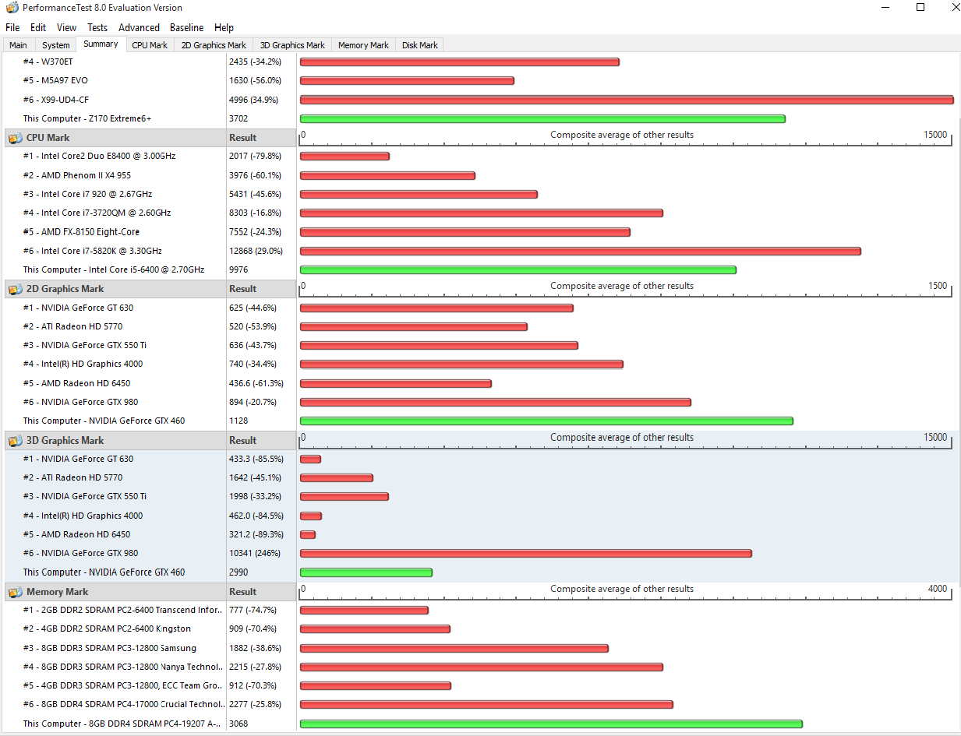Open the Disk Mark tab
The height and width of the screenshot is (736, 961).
419,45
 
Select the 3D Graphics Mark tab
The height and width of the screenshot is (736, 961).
292,45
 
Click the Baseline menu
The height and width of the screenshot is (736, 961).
186,27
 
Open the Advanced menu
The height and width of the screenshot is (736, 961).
139,27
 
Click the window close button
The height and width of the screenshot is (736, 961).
955,8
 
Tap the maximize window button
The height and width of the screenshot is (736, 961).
920,8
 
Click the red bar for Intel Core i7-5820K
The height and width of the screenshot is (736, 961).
580,251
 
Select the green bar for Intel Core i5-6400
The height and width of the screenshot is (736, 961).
518,269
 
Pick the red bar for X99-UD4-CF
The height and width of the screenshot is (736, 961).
626,100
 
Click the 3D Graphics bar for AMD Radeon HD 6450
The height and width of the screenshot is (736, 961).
308,534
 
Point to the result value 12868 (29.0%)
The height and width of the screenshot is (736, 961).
256,251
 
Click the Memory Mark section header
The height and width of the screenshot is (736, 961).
57,592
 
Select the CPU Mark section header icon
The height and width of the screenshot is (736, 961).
15,138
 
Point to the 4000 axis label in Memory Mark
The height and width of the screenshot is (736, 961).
938,589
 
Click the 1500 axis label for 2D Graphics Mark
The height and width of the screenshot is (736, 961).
938,286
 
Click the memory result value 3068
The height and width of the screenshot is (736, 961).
238,724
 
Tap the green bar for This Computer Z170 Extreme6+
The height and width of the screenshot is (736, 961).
542,118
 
